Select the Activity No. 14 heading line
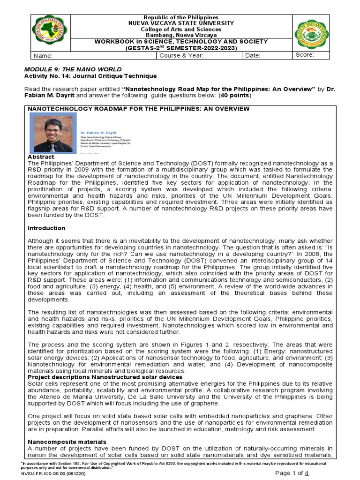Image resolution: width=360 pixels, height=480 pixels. (90, 76)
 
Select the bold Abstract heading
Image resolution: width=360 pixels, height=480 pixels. (41, 157)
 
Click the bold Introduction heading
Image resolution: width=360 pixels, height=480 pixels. (46, 228)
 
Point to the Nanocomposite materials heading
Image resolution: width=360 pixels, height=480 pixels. (67, 442)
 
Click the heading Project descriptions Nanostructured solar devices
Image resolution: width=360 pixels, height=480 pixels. (105, 377)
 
